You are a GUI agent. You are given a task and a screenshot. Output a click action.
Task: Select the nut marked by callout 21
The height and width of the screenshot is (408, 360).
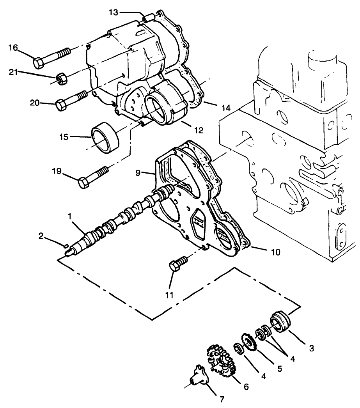click(61, 78)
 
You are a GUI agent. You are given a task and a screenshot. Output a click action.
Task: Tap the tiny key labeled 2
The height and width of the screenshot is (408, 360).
click(66, 245)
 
